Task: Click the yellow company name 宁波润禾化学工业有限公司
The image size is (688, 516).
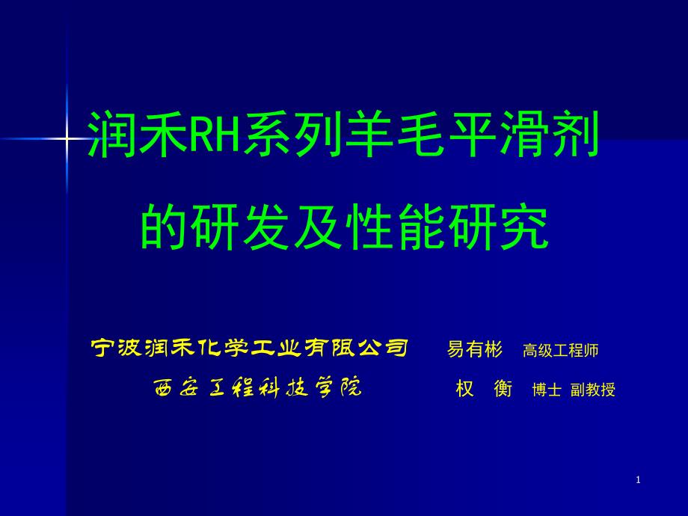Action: point(249,348)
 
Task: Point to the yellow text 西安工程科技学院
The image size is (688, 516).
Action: point(257,388)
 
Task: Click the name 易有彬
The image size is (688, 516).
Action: point(476,349)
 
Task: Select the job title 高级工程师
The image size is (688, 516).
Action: point(560,350)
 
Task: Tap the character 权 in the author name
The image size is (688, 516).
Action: point(465,389)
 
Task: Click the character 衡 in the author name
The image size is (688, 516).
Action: point(503,389)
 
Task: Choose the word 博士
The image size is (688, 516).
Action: point(547,390)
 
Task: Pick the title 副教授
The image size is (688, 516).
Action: point(593,390)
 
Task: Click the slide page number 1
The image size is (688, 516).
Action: point(639,480)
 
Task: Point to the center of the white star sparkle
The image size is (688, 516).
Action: point(67,138)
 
